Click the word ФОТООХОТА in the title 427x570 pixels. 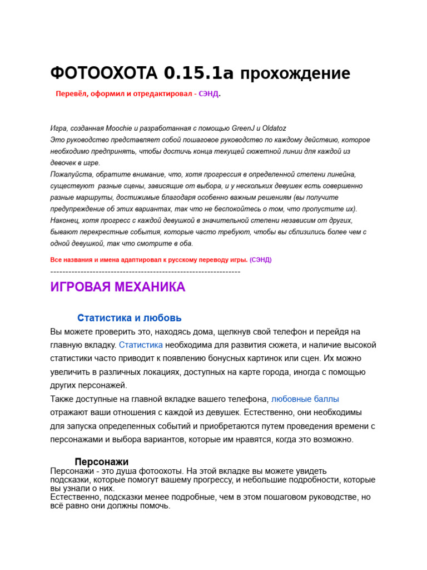[104, 73]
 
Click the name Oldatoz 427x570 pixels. [272, 128]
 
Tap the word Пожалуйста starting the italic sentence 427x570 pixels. [69, 174]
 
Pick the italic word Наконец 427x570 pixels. [64, 220]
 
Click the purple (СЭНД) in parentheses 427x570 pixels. [260, 260]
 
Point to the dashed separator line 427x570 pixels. [145, 272]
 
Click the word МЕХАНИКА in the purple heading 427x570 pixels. [150, 287]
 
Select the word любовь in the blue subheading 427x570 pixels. [162, 318]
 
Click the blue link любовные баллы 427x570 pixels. [305, 399]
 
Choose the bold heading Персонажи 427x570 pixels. [101, 462]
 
